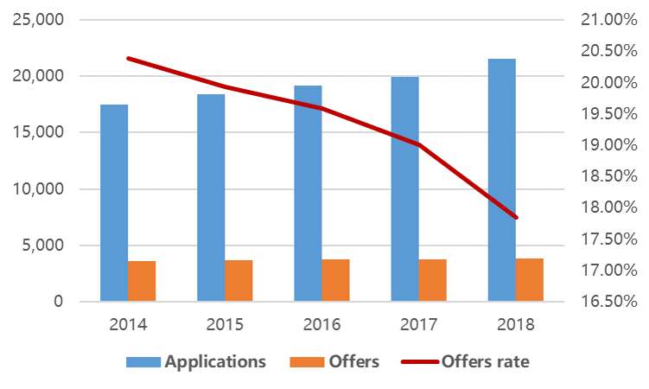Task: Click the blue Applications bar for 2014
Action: (114, 203)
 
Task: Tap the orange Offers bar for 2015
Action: (239, 281)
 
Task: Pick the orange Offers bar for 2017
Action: (433, 280)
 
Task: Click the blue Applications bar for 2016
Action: (308, 194)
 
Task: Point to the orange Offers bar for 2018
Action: (530, 280)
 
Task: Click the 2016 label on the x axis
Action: (322, 326)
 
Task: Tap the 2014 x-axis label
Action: (128, 326)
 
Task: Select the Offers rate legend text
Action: (485, 361)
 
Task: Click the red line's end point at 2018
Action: (516, 217)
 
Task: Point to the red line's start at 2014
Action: (128, 58)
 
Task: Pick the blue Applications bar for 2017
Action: (404, 189)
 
